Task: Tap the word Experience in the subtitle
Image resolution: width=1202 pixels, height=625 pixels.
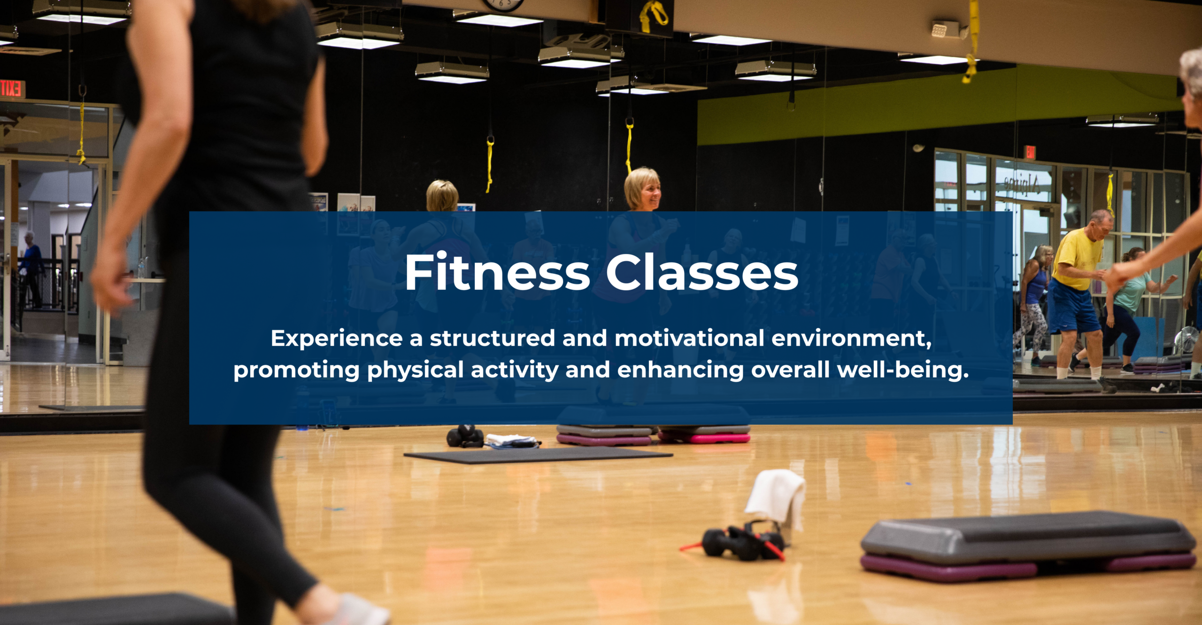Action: tap(337, 339)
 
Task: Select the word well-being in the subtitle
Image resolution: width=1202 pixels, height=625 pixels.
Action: tap(903, 370)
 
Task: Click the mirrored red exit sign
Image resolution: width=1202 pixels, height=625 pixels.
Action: tap(12, 89)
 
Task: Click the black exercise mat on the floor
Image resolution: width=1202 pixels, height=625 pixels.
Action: tap(538, 455)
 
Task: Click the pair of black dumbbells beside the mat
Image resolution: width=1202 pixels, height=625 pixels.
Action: tap(464, 436)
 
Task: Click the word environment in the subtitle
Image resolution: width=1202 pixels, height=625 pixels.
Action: tap(851, 339)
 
